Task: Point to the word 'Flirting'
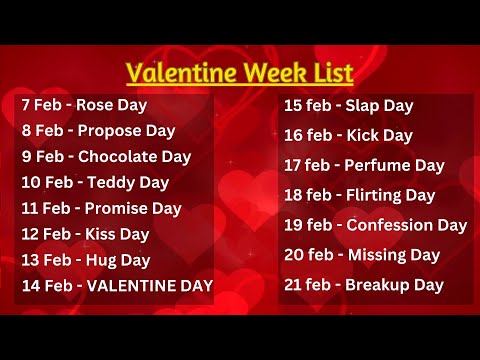(374, 195)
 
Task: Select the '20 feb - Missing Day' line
(362, 255)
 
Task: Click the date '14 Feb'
(47, 287)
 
